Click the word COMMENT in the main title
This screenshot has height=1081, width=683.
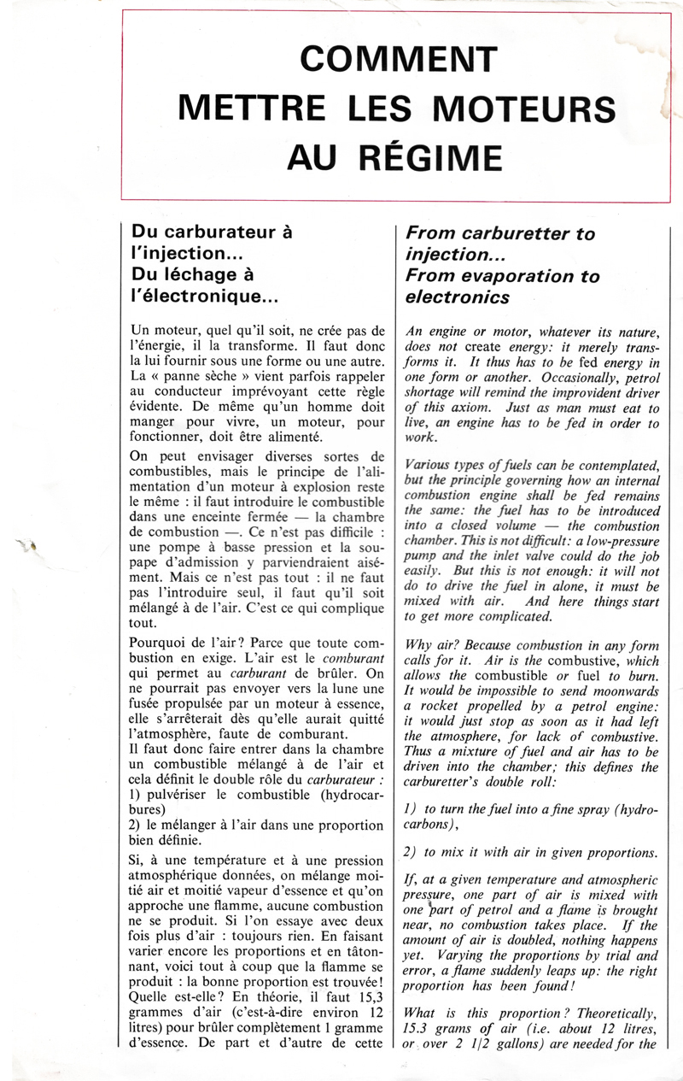point(398,59)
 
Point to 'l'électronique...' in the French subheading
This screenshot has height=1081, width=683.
point(204,297)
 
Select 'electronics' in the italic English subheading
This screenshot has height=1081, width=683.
point(458,297)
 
